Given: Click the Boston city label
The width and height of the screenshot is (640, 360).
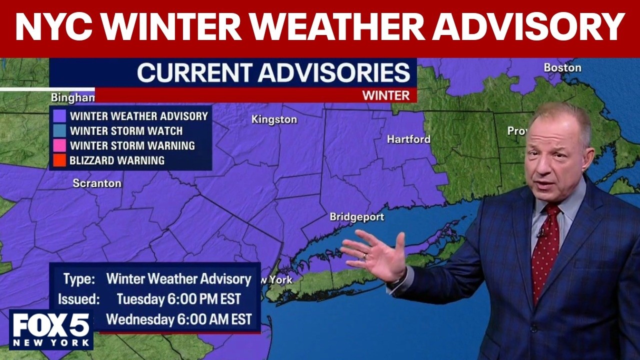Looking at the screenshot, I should pyautogui.click(x=562, y=67).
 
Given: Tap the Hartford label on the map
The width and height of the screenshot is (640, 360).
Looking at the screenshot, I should pyautogui.click(x=408, y=139).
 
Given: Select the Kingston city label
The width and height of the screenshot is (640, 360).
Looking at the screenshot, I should pyautogui.click(x=274, y=119).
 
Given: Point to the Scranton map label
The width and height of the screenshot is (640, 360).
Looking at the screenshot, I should pyautogui.click(x=97, y=183).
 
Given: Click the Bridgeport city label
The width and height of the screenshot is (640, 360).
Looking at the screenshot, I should pyautogui.click(x=356, y=217).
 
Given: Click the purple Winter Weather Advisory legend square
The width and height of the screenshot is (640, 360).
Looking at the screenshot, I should pyautogui.click(x=60, y=116).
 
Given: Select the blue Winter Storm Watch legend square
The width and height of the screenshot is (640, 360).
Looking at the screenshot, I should pyautogui.click(x=60, y=131).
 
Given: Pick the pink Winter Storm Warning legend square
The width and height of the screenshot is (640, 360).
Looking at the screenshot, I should pyautogui.click(x=60, y=146).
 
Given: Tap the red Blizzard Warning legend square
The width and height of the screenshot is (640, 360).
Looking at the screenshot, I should pyautogui.click(x=60, y=160).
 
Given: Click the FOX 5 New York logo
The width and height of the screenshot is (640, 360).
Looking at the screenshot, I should pyautogui.click(x=51, y=329).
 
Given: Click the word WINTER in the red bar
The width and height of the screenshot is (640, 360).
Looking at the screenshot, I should pyautogui.click(x=385, y=95).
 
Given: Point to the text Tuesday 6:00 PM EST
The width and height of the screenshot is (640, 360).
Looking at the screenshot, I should pyautogui.click(x=178, y=299).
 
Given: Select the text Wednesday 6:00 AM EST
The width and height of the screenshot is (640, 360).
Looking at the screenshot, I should pyautogui.click(x=178, y=319).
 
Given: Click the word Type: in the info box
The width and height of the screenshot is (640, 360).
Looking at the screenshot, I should pyautogui.click(x=78, y=279).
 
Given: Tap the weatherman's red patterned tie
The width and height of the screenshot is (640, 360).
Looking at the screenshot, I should pyautogui.click(x=545, y=250).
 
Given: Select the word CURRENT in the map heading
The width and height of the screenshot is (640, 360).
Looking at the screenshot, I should pyautogui.click(x=194, y=73).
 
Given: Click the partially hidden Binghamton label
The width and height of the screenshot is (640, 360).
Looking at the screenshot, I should pyautogui.click(x=72, y=97).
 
